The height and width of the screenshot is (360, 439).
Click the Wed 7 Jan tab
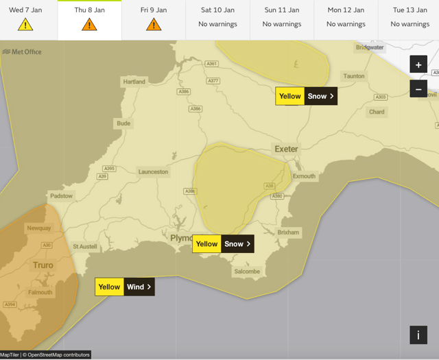(x=25, y=20)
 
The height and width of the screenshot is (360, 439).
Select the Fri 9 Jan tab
(x=154, y=20)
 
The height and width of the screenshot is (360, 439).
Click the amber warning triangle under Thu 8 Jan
(x=89, y=25)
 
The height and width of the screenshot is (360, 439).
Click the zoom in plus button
(x=418, y=64)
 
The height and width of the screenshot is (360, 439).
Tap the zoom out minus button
(x=418, y=89)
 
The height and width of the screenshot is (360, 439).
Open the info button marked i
(x=418, y=335)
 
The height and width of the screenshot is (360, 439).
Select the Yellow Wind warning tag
(x=125, y=287)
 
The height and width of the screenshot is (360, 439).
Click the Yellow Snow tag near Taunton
(x=306, y=96)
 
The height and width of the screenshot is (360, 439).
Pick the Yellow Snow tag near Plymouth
(x=223, y=243)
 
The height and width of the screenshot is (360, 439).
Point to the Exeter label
(x=286, y=149)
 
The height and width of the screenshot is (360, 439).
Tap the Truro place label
(x=43, y=265)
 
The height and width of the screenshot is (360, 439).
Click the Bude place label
(x=123, y=124)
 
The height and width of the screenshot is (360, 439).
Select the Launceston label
(x=153, y=172)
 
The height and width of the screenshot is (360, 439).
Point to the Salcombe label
(x=247, y=272)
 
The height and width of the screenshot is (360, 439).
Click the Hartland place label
(x=134, y=82)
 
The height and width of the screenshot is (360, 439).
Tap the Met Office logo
(x=22, y=51)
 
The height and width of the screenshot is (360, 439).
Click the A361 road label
(x=212, y=64)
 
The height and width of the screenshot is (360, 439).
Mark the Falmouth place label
(x=40, y=292)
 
